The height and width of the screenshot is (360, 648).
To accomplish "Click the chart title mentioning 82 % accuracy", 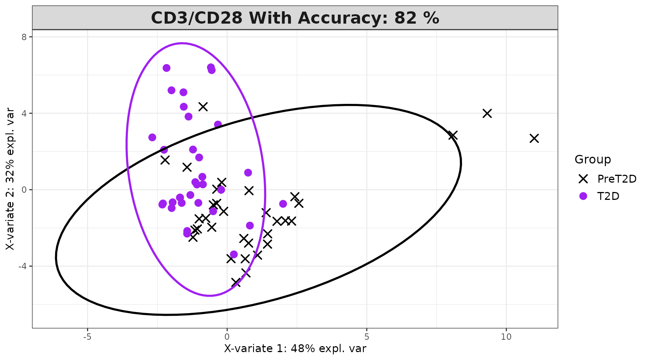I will click(295, 18).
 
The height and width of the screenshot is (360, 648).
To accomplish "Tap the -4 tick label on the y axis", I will click(22, 266).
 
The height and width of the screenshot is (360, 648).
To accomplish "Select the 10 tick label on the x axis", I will click(506, 337).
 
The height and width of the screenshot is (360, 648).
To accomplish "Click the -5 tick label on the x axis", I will click(87, 337).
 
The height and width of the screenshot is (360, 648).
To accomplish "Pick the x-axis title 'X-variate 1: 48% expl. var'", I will click(295, 349).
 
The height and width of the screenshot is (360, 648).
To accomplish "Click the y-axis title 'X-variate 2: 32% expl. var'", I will click(10, 179).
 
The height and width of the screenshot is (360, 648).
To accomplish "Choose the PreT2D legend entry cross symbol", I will click(583, 179).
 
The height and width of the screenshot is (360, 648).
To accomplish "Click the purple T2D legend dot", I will click(583, 196).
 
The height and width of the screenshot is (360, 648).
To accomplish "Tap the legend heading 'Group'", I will click(592, 159).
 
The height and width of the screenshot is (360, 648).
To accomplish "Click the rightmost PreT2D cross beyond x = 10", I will click(534, 138).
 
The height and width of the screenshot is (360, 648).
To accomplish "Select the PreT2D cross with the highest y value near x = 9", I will click(487, 113).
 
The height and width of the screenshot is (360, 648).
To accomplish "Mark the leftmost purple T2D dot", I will click(152, 137).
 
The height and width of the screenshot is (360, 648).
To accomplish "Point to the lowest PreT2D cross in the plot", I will click(235, 282).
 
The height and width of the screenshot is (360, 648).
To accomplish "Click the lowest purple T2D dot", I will click(234, 254).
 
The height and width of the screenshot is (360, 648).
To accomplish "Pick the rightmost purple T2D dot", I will click(283, 204).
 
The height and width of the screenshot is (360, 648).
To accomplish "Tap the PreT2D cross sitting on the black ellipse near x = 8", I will click(453, 135).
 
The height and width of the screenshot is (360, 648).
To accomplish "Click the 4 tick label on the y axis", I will click(24, 113).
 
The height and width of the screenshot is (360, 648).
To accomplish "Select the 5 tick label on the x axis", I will click(366, 337).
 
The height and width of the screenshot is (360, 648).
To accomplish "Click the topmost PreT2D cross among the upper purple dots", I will click(203, 106).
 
